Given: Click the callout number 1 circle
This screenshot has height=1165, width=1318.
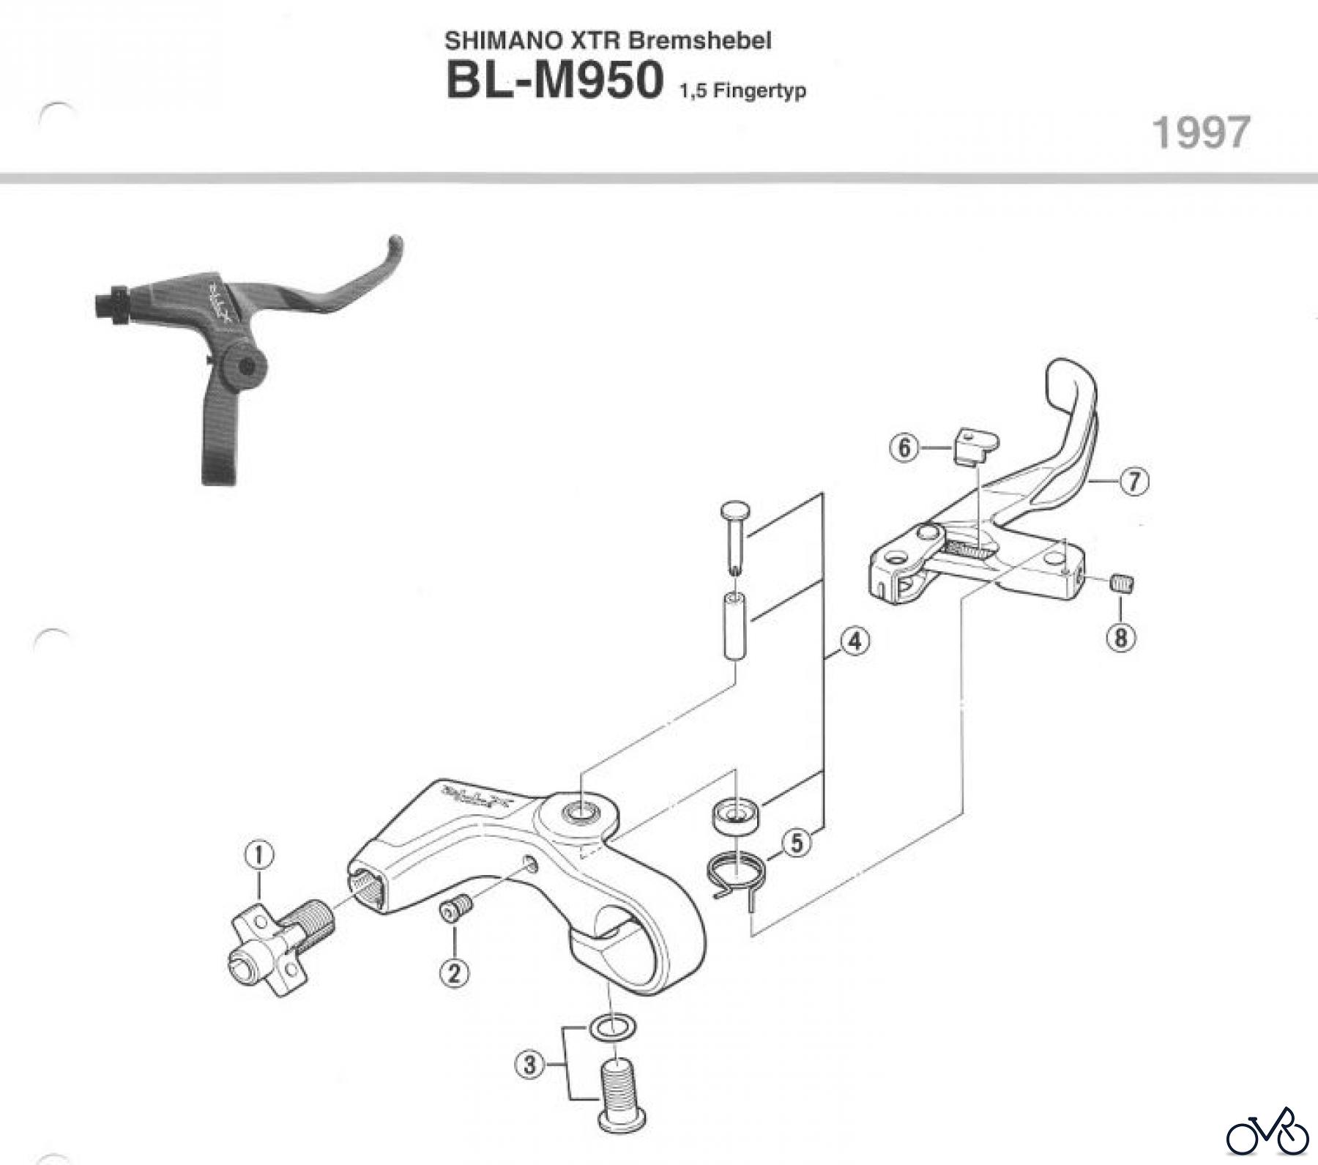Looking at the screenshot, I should [259, 855].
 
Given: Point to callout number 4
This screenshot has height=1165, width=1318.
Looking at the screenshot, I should [854, 641].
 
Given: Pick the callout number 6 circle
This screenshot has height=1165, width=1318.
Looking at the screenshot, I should [904, 447].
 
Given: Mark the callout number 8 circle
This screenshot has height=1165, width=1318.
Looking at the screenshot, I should [1120, 637].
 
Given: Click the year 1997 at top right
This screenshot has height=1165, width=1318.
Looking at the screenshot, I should [1201, 133].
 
